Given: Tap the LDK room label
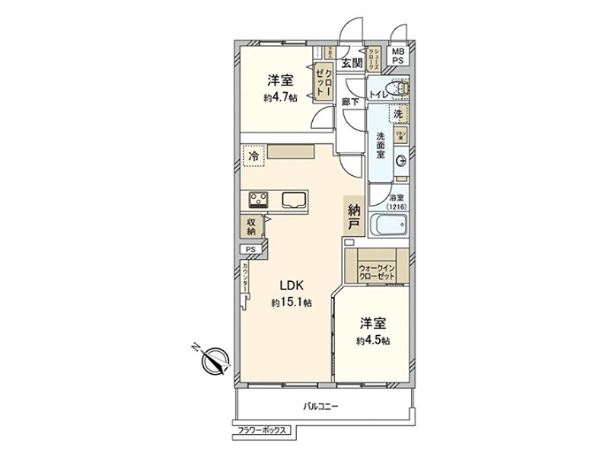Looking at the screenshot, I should point(292,286).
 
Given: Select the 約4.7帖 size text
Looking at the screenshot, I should point(280,97).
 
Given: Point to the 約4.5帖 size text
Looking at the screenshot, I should point(375,340).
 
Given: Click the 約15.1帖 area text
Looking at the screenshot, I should point(292,302).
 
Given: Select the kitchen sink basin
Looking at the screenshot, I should point(294,200).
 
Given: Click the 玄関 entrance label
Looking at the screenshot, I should point(351,62).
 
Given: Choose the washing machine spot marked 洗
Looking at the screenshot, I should point(398,113).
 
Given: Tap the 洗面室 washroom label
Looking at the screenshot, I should point(380,145).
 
